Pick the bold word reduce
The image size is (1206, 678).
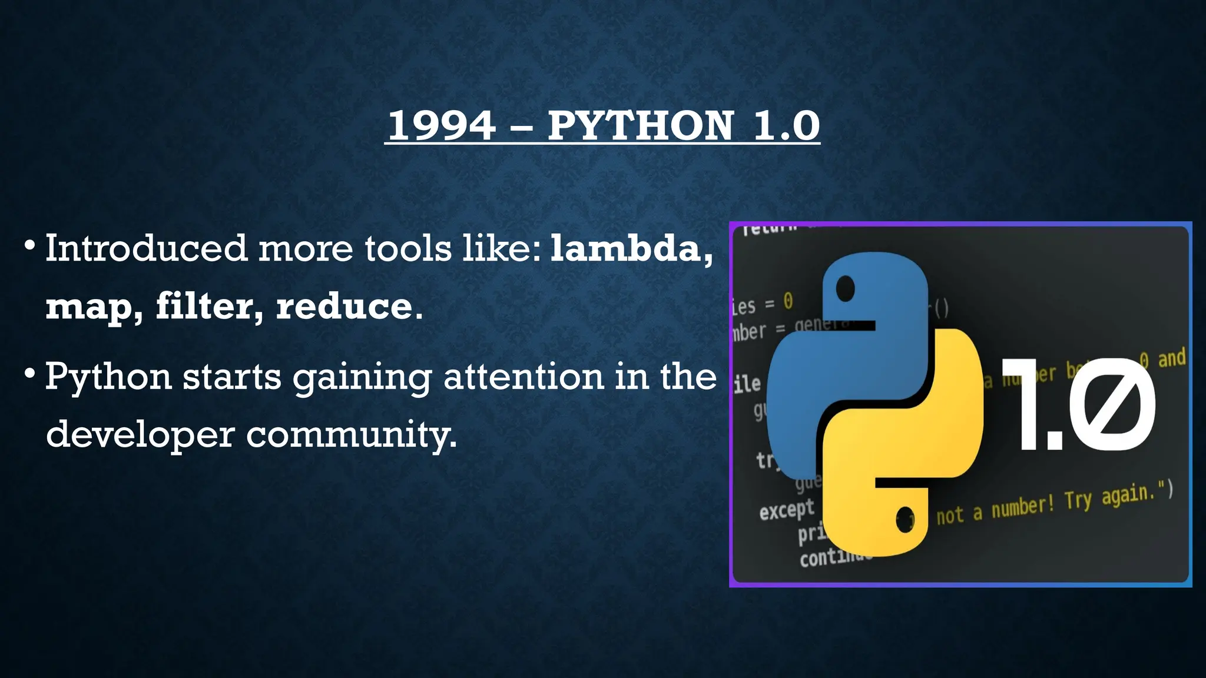344,307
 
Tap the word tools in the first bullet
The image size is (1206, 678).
407,248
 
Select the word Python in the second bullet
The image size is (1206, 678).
108,377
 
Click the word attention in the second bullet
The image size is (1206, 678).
524,377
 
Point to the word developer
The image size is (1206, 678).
140,435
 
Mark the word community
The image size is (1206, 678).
350,435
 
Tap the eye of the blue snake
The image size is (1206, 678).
845,289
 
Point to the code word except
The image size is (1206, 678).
787,510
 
